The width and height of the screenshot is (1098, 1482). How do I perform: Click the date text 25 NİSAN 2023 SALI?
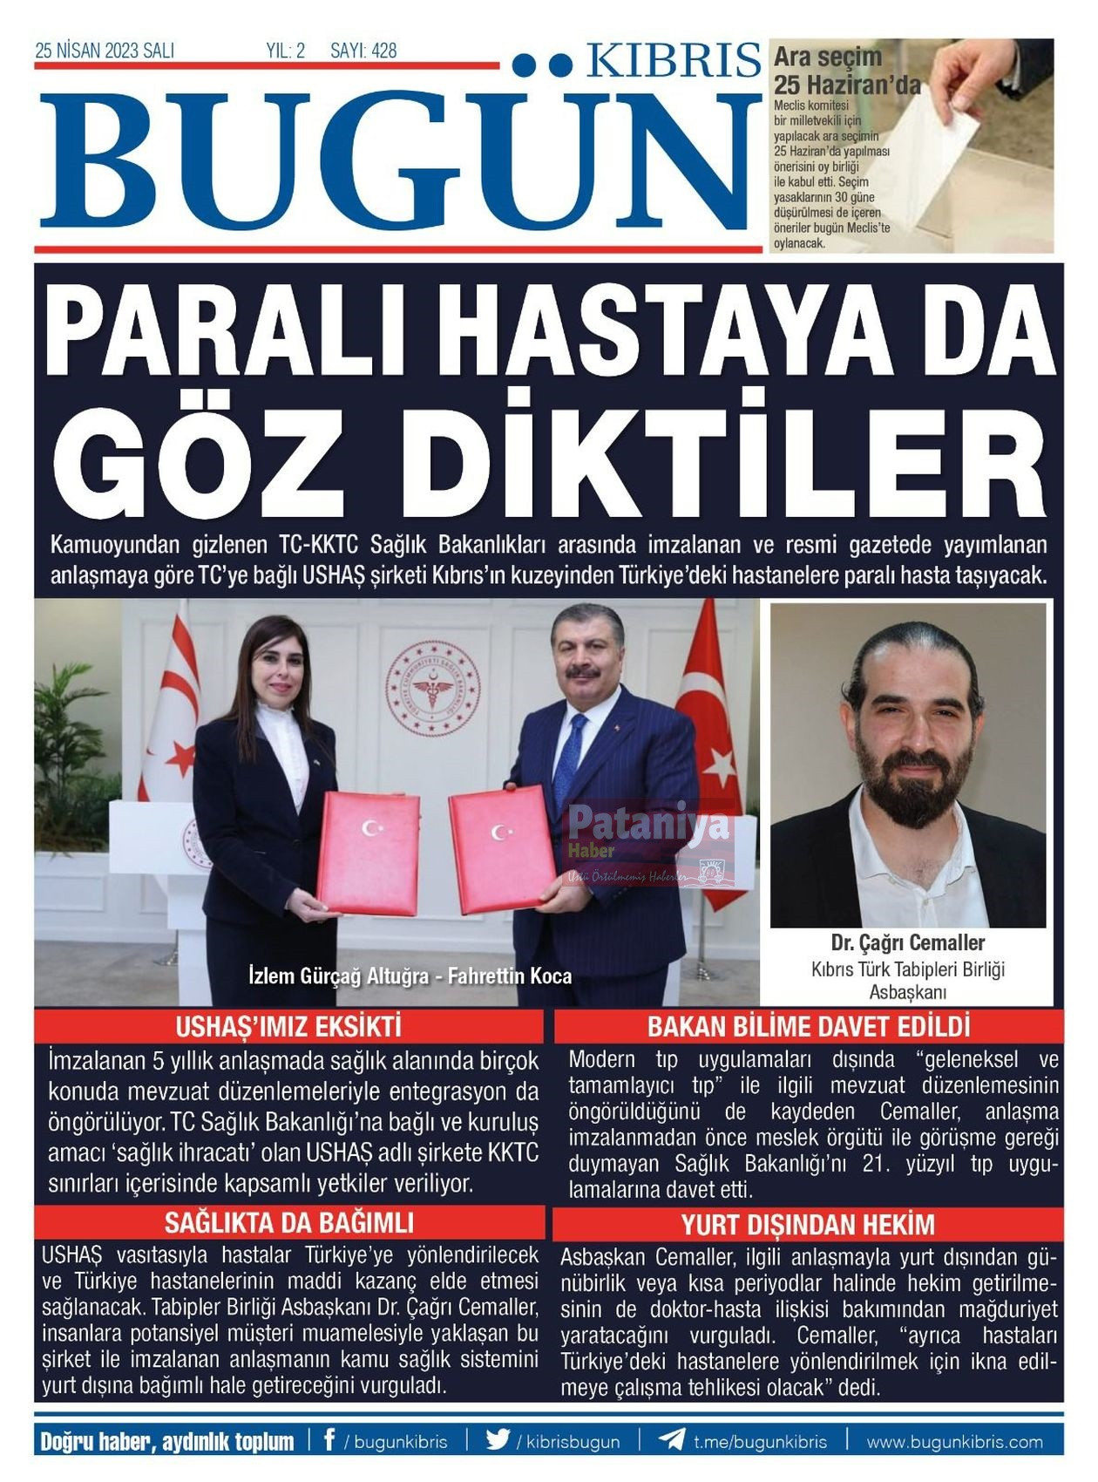pyautogui.click(x=105, y=51)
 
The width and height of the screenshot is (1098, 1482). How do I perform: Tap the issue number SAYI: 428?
pyautogui.click(x=363, y=51)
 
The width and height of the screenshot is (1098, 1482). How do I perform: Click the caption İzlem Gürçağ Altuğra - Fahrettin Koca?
pyautogui.click(x=410, y=976)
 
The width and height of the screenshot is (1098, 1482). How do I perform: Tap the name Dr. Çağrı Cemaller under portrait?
pyautogui.click(x=907, y=942)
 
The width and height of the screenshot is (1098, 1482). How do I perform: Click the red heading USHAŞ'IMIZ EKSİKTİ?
pyautogui.click(x=288, y=1026)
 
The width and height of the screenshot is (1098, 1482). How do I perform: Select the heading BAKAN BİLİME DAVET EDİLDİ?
pyautogui.click(x=808, y=1026)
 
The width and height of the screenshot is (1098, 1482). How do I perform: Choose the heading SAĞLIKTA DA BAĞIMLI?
pyautogui.click(x=288, y=1222)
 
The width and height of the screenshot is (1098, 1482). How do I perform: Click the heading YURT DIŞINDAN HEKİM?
pyautogui.click(x=808, y=1225)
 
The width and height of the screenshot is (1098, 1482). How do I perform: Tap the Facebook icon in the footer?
pyautogui.click(x=329, y=1439)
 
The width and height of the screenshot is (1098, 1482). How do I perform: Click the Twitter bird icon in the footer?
pyautogui.click(x=498, y=1439)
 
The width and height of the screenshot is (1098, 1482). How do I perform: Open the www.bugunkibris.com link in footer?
pyautogui.click(x=954, y=1441)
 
